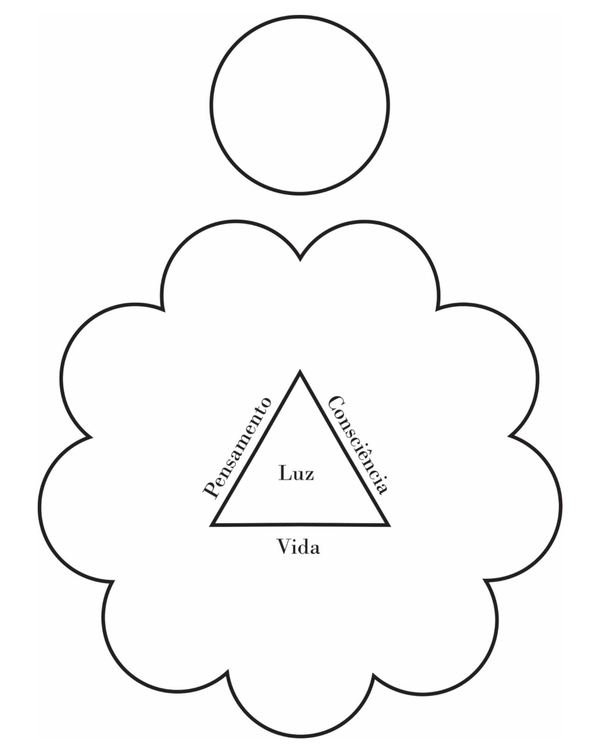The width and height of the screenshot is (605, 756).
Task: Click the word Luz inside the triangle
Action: point(296,473)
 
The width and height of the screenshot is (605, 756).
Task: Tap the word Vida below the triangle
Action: point(298,547)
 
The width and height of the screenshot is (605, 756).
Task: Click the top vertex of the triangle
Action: point(300,372)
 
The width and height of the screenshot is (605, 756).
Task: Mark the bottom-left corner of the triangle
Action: point(212,525)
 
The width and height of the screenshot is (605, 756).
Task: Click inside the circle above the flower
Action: point(300,105)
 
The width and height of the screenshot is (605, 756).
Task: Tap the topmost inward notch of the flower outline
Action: point(300,259)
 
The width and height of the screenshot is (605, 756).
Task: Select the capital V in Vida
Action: point(284,547)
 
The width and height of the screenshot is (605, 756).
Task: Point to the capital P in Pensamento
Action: point(210,490)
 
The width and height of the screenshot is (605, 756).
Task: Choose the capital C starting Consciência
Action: point(337,404)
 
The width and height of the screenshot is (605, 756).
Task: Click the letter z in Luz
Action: point(309,474)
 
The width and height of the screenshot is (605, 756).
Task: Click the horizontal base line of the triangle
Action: point(300,525)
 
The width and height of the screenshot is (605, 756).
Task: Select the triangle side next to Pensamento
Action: point(256,449)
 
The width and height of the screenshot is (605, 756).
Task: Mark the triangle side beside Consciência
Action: point(343,449)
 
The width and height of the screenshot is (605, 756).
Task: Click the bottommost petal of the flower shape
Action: point(300,716)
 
